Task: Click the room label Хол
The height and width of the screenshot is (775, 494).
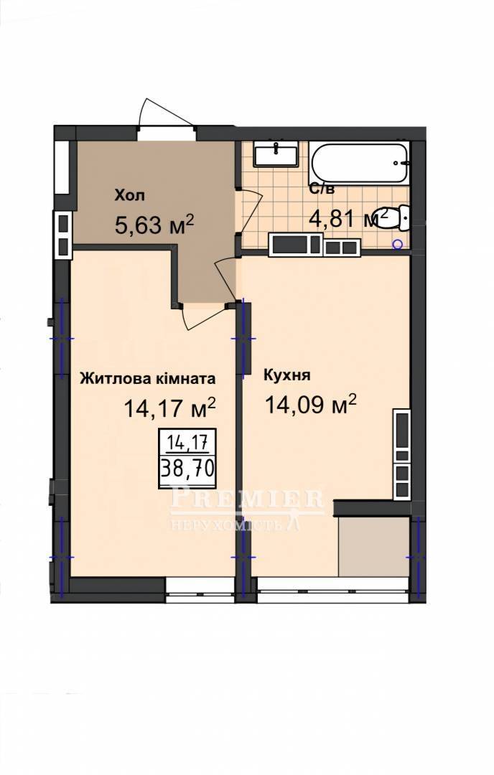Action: [x=129, y=195]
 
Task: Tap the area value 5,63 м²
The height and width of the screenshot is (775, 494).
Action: [x=154, y=225]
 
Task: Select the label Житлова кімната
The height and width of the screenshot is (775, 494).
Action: [x=148, y=379]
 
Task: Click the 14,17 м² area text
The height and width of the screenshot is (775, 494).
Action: [x=169, y=408]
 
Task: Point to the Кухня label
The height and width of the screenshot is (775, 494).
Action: [x=287, y=375]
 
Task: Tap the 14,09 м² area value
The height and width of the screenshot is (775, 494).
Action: [x=310, y=404]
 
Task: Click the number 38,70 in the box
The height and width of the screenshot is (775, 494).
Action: [x=187, y=468]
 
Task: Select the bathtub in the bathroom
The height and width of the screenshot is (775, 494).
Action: [x=359, y=164]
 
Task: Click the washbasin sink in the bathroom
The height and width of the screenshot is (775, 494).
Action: [x=276, y=154]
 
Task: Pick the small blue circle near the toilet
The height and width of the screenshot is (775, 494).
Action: [x=396, y=243]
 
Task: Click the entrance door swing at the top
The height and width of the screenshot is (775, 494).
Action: [x=166, y=113]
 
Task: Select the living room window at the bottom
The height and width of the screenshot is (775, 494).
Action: [x=200, y=590]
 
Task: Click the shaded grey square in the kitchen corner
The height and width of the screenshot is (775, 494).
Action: [x=374, y=547]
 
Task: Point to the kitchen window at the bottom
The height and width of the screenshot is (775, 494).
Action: [x=332, y=590]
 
